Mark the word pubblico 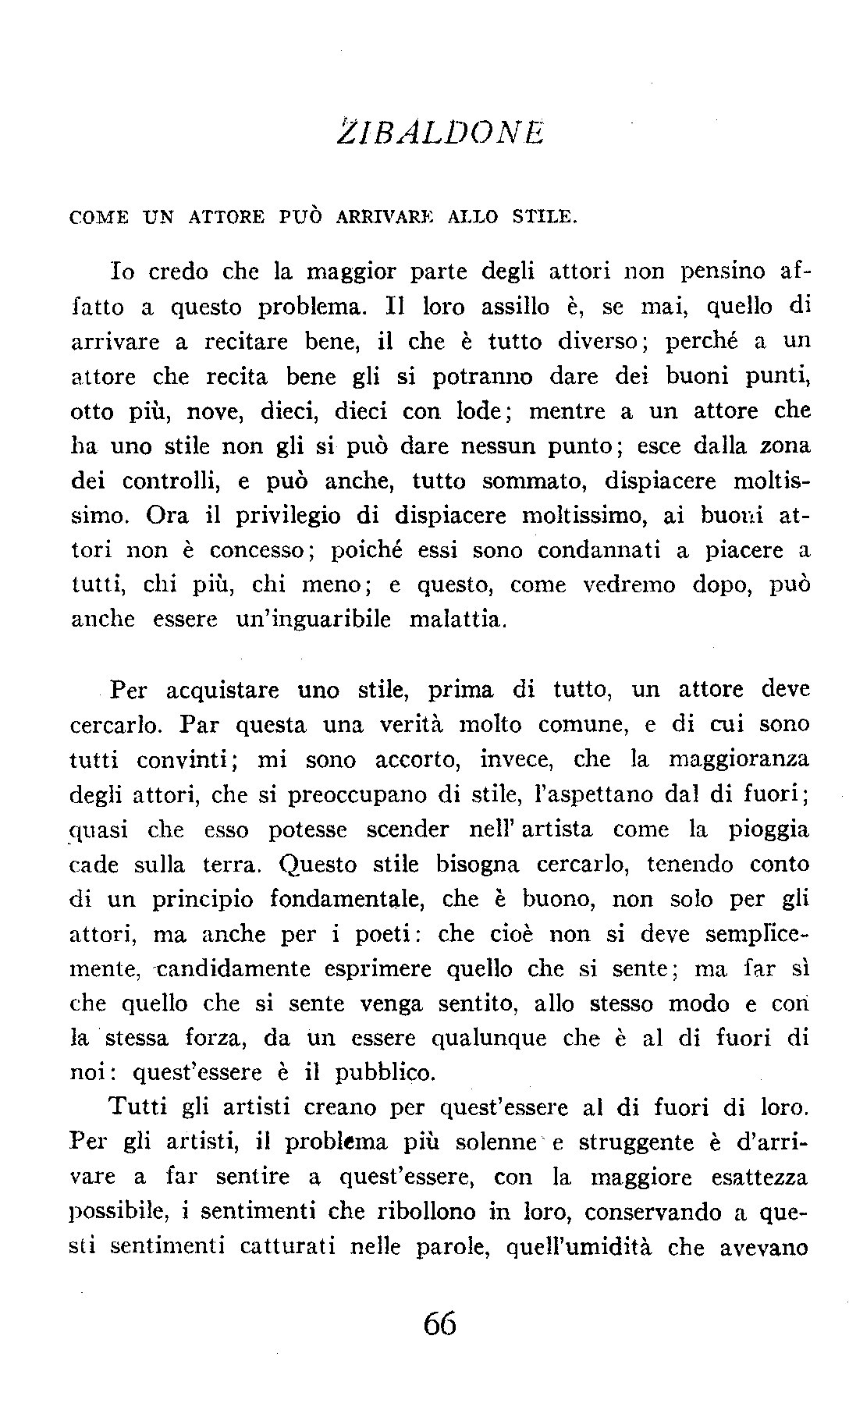click(383, 1074)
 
